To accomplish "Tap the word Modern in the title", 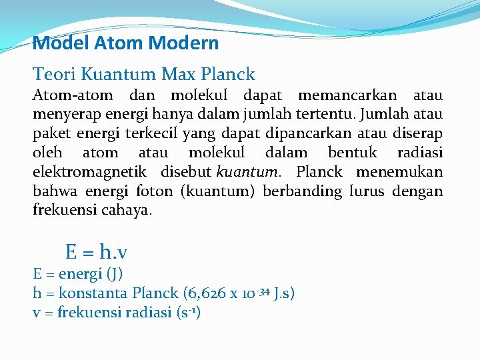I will [183, 44].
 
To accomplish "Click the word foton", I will [153, 191].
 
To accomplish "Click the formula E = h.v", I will [97, 252].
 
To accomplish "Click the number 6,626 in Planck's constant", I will [204, 293].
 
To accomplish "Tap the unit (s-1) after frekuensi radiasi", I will [187, 312].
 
